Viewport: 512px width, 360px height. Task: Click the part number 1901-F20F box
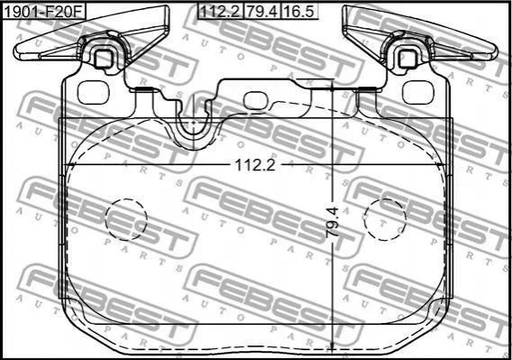coord(44,12)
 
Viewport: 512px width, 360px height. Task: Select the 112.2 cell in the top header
coord(221,12)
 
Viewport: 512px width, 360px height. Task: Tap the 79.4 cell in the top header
coord(262,12)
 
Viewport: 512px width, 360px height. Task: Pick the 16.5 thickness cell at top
coord(299,12)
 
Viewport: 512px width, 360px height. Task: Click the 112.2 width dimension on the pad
coord(255,165)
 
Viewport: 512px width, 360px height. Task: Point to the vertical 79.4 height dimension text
coord(333,222)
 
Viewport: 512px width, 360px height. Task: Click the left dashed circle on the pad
coord(126,219)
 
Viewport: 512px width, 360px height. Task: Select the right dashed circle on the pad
coord(385,219)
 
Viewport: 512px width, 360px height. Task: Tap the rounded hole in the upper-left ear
coord(93,93)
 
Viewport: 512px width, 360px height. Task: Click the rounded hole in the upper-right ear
coord(417,93)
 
